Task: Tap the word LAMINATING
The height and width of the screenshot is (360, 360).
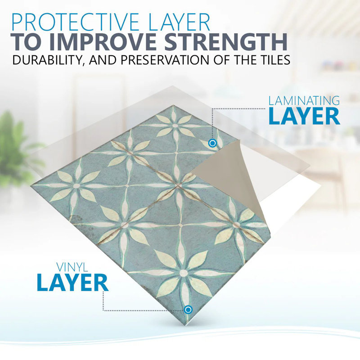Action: [304, 100]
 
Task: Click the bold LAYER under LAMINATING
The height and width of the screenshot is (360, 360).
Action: [304, 117]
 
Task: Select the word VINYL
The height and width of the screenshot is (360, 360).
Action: [72, 267]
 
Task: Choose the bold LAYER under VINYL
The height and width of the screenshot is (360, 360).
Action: [72, 283]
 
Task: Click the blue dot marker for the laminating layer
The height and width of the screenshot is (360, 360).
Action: [212, 143]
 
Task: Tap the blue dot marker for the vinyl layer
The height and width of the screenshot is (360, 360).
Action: [188, 310]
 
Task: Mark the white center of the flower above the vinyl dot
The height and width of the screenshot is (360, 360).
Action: [183, 273]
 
